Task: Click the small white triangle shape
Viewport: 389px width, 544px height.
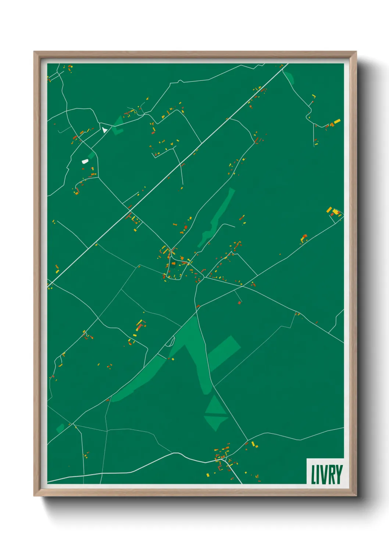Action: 105,130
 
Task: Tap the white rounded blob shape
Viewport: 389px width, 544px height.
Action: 85,161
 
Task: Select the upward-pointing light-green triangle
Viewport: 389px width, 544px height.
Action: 215,405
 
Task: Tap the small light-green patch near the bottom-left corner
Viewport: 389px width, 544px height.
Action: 60,428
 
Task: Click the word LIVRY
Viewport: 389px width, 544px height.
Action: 326,474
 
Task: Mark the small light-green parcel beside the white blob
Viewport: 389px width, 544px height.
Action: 92,155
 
